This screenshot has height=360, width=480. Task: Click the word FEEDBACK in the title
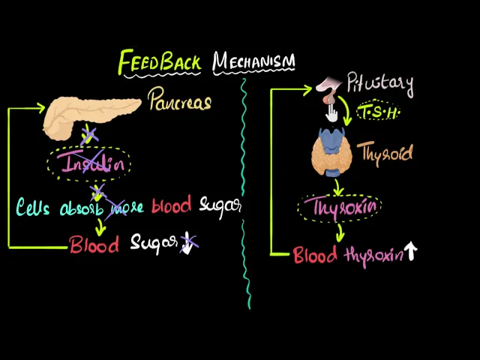click(x=159, y=62)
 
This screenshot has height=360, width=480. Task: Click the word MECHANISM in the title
click(x=253, y=61)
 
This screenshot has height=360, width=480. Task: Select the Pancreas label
click(x=179, y=100)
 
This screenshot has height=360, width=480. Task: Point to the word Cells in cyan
click(x=35, y=207)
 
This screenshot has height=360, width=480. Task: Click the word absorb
click(x=82, y=208)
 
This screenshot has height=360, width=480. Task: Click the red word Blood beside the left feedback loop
click(x=94, y=244)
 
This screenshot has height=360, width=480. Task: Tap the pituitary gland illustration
click(x=328, y=90)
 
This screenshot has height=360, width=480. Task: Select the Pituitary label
click(x=379, y=84)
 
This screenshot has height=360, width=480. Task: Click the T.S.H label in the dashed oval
click(x=378, y=112)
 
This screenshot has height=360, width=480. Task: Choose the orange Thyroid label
click(x=386, y=154)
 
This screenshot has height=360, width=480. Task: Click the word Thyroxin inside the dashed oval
click(x=339, y=205)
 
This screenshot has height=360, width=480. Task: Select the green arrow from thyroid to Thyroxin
click(x=338, y=184)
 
